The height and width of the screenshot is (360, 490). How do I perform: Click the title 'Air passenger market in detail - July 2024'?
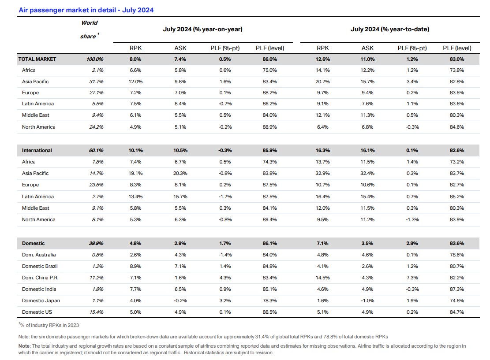coord(86,10)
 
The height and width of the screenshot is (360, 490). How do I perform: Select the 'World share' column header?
coord(89,30)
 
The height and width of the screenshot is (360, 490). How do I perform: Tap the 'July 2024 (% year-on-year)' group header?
coord(202,30)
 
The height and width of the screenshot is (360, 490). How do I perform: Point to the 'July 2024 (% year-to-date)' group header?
coord(390,30)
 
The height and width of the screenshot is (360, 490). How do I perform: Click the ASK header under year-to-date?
coord(367,48)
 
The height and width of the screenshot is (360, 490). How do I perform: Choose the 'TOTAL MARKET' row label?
coord(37,59)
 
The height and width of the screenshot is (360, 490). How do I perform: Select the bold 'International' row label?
coord(37,151)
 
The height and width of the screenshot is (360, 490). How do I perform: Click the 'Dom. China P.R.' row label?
coord(40,278)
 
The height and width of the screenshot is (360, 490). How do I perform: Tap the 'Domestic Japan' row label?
coord(41,301)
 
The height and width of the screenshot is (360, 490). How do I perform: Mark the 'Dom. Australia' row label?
coord(39,255)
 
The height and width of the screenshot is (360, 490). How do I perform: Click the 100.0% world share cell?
coord(95,59)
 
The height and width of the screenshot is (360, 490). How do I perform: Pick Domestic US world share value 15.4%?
coord(96,312)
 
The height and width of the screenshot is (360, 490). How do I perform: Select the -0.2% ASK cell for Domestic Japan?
coord(180,301)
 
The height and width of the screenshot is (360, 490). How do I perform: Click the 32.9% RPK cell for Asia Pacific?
coord(322,173)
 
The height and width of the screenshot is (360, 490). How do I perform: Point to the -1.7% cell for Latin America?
coord(225,197)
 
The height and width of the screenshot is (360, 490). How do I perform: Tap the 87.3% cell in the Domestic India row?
coord(457,289)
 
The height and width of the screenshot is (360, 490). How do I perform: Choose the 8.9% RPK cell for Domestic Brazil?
coord(136,266)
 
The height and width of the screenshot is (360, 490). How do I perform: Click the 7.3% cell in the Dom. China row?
coord(412,278)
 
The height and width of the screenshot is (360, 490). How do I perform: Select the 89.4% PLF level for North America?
coord(269,219)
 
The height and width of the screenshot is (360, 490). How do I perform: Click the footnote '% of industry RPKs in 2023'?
coord(49,325)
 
